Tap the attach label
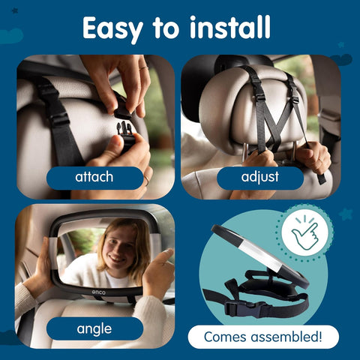(x=94, y=178)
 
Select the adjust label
(x=259, y=178)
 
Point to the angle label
(x=94, y=328)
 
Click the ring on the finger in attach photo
(x=142, y=68)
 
